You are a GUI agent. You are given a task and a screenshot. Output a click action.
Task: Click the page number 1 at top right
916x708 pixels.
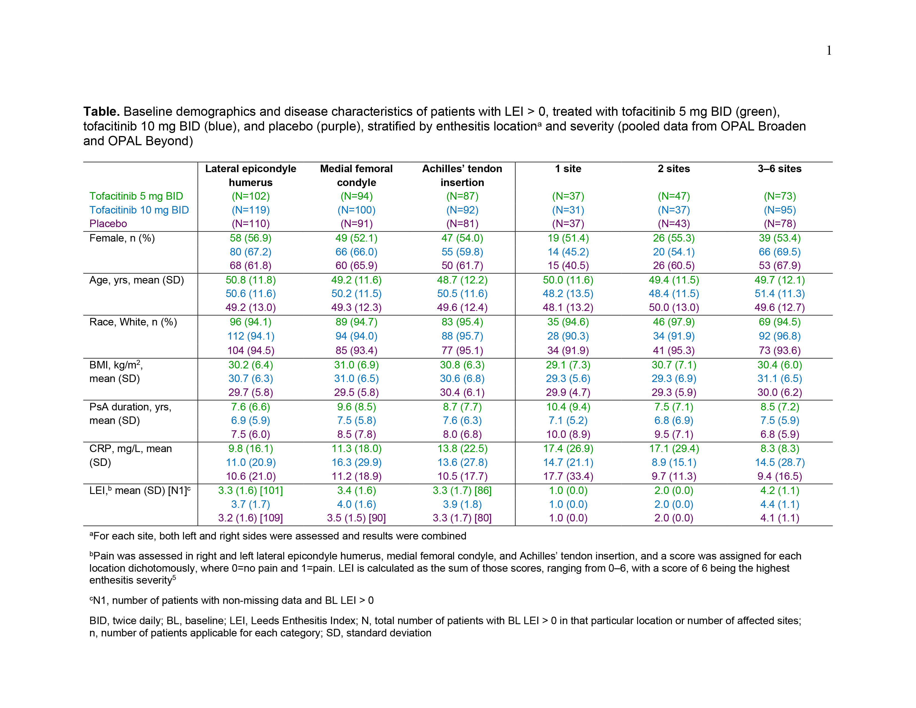coord(829,51)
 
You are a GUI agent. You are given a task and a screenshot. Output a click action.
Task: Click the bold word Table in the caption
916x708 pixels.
coord(101,112)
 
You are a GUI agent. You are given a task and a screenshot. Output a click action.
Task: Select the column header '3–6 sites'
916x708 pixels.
coord(779,169)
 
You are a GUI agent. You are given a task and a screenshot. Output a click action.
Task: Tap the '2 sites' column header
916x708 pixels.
coord(674,169)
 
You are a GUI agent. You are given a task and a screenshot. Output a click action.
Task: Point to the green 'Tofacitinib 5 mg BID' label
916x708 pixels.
coord(136,196)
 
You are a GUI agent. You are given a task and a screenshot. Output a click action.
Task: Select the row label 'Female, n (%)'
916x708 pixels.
coord(122,238)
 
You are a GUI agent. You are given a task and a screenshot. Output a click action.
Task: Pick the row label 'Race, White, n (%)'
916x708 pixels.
coord(133,322)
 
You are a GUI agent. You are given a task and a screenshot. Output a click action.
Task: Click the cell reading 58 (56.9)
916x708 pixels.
coord(250,238)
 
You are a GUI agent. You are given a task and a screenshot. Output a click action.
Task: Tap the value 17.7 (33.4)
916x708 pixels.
coord(568,476)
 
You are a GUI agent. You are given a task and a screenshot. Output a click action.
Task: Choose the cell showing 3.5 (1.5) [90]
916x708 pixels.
coord(356,518)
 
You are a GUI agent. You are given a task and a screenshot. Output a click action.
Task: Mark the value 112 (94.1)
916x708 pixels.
coord(250,337)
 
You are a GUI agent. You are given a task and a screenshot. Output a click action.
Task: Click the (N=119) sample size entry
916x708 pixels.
coord(250,210)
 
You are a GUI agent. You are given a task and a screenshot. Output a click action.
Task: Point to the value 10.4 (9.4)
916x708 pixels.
coord(568,407)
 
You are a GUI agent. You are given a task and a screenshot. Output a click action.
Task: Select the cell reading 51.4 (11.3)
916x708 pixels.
coord(779,293)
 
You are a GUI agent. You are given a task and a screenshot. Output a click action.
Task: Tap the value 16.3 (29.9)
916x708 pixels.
coord(356,463)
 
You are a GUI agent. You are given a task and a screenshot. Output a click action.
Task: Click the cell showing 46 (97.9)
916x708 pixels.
coord(674,322)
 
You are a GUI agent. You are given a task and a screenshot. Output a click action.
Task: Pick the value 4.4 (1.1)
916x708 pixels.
coord(779,504)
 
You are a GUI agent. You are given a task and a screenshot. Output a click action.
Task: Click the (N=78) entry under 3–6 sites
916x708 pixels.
coord(779,224)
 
